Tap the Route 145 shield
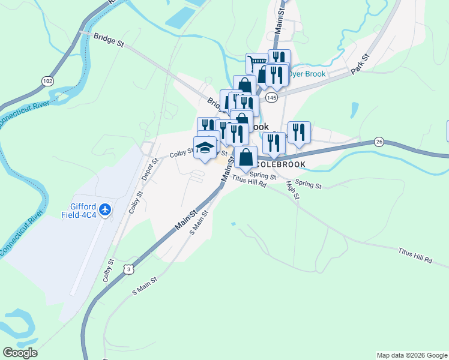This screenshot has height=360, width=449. (272, 97)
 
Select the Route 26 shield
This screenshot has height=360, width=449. (378, 142)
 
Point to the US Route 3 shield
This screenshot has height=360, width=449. (129, 270)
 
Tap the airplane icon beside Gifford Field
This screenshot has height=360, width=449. (106, 209)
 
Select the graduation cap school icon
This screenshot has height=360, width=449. (205, 148)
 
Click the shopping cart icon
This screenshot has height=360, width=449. (256, 62)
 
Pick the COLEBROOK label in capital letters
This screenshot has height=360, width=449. (281, 164)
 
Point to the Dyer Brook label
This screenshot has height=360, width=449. (307, 74)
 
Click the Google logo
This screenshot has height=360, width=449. (20, 352)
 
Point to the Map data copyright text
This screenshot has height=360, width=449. (411, 355)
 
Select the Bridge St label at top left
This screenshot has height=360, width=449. (109, 40)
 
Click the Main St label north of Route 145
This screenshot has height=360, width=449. (279, 23)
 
